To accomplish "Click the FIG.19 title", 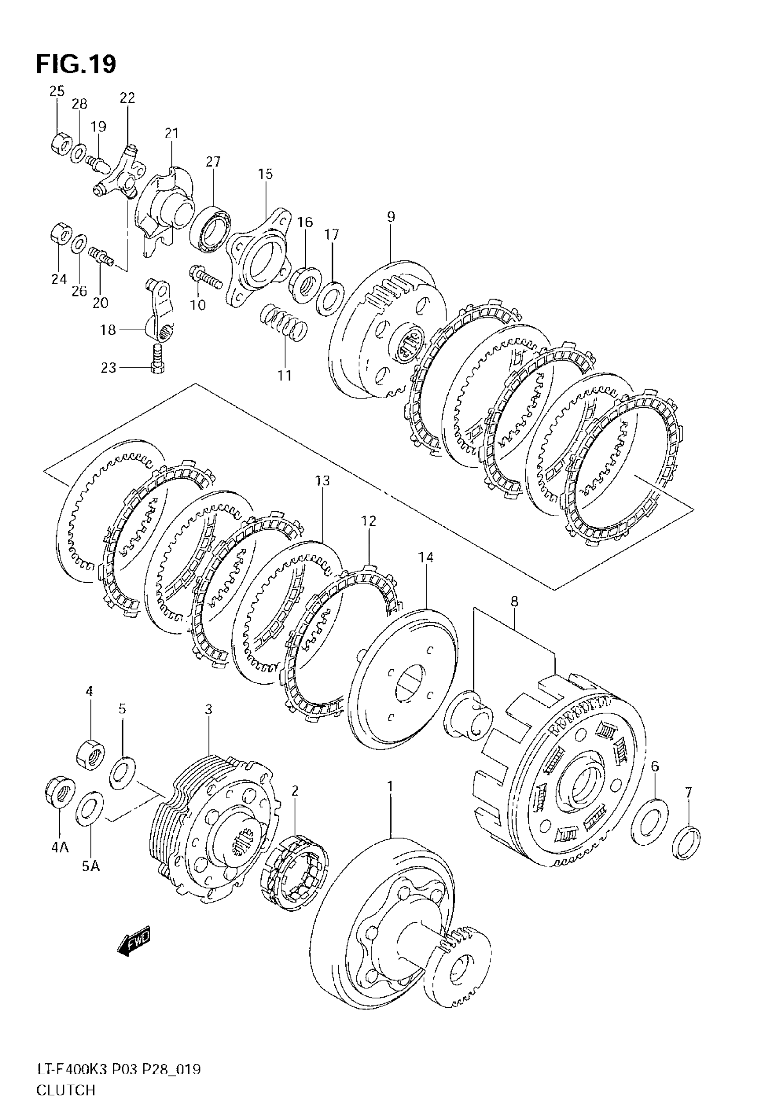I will pyautogui.click(x=76, y=64).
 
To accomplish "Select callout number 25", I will pyautogui.click(x=57, y=91).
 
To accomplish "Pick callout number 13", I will pyautogui.click(x=323, y=481).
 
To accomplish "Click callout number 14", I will pyautogui.click(x=426, y=557).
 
